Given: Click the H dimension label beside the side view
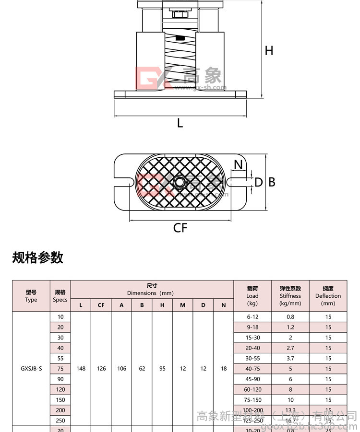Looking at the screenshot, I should point(269,50).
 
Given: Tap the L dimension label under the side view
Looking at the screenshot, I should point(180,123).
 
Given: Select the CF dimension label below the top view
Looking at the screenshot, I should point(180,228).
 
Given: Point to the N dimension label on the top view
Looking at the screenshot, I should point(238,165).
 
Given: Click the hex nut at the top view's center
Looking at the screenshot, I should point(180,182).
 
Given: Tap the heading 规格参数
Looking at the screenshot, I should point(37,257).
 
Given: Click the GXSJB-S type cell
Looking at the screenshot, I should point(31,369).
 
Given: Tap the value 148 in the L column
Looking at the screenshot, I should point(81,369).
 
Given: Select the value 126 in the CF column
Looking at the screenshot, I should point(101,369).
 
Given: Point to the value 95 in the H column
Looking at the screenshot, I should point(162,369).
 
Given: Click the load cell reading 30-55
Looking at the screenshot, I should point(252,358).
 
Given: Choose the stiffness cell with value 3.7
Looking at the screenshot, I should point(290,358).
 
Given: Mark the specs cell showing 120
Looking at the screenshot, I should point(60,390).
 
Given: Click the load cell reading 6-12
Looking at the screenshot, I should point(252,317).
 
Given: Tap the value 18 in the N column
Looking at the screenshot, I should point(223,369).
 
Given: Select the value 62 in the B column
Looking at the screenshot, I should point(142,369).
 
